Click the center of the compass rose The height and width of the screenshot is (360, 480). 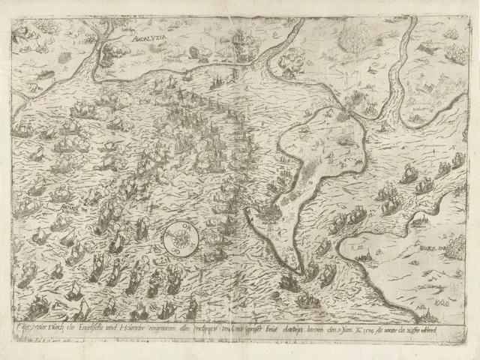[181, 241]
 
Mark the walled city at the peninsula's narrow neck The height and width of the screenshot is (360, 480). [343, 114]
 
